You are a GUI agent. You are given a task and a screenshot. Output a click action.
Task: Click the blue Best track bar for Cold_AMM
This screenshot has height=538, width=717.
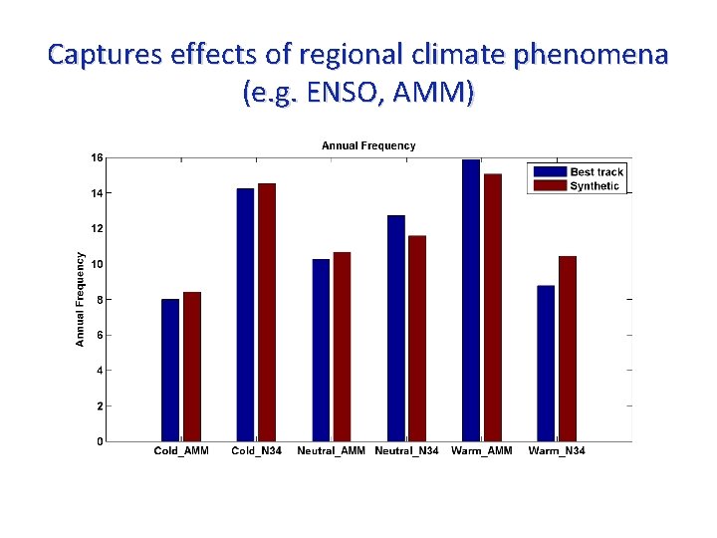170,370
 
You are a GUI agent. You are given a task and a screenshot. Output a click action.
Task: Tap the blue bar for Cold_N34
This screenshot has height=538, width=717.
245,314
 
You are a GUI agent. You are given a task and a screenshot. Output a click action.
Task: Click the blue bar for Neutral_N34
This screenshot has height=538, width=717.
396,328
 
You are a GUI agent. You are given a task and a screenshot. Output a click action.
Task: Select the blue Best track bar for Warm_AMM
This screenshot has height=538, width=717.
471,300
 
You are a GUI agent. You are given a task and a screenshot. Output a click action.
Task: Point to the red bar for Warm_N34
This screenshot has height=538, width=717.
567,349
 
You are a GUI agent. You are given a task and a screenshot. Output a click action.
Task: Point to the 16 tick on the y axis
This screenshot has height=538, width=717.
97,157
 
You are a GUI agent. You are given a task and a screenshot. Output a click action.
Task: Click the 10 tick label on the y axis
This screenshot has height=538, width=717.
97,264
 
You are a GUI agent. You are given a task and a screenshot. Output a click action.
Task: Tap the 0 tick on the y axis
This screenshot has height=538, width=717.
100,441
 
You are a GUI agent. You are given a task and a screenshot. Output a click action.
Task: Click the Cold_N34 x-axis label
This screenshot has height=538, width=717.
256,451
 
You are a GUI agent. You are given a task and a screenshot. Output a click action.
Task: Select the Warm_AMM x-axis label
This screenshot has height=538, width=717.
481,451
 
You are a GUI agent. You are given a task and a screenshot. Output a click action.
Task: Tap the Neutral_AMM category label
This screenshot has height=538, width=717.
331,451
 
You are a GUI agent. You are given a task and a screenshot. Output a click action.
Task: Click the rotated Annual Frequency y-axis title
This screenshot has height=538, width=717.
81,298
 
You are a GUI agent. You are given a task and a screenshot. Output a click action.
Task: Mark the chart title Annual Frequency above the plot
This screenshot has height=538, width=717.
368,145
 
